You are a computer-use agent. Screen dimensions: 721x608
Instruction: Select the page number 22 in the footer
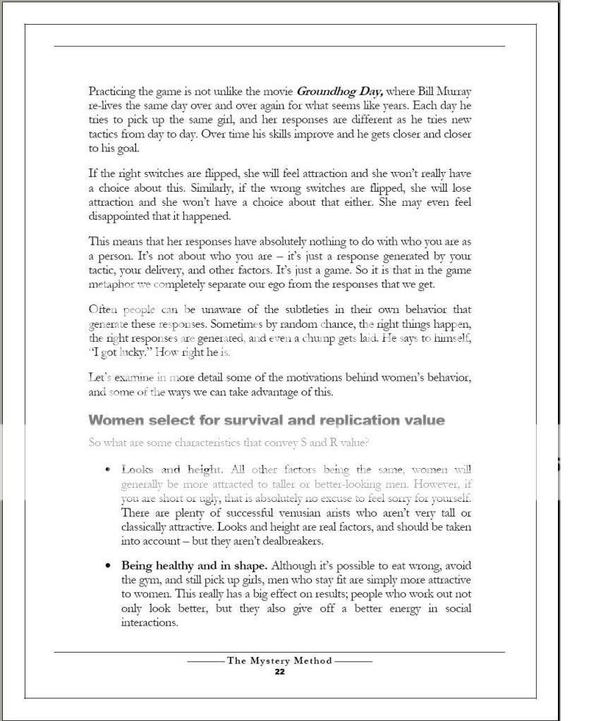pos(279,672)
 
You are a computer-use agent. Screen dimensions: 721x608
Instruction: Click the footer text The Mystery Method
pos(279,661)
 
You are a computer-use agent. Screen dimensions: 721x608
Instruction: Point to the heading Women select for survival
pos(267,420)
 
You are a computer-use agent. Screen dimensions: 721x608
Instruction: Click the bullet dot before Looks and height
pos(107,469)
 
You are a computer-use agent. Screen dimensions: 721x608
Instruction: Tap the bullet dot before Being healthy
pos(107,565)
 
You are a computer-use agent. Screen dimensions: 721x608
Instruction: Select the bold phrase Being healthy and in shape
pos(194,565)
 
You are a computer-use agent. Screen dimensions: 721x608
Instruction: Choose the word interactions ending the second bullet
pos(149,622)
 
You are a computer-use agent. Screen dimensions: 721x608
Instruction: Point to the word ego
pos(308,284)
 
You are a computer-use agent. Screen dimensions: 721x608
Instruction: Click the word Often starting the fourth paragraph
pos(103,309)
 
